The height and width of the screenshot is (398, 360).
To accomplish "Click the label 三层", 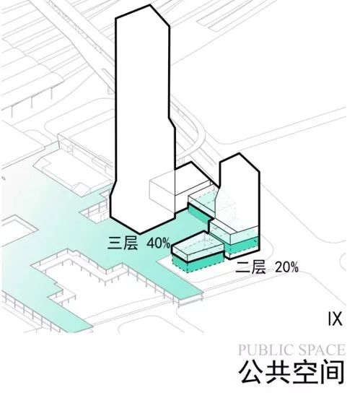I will click(123, 243).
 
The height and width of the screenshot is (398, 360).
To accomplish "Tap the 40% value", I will click(157, 243).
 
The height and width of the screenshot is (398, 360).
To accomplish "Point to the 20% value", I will click(285, 267).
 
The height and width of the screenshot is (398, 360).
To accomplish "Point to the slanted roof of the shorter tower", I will click(240, 161).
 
